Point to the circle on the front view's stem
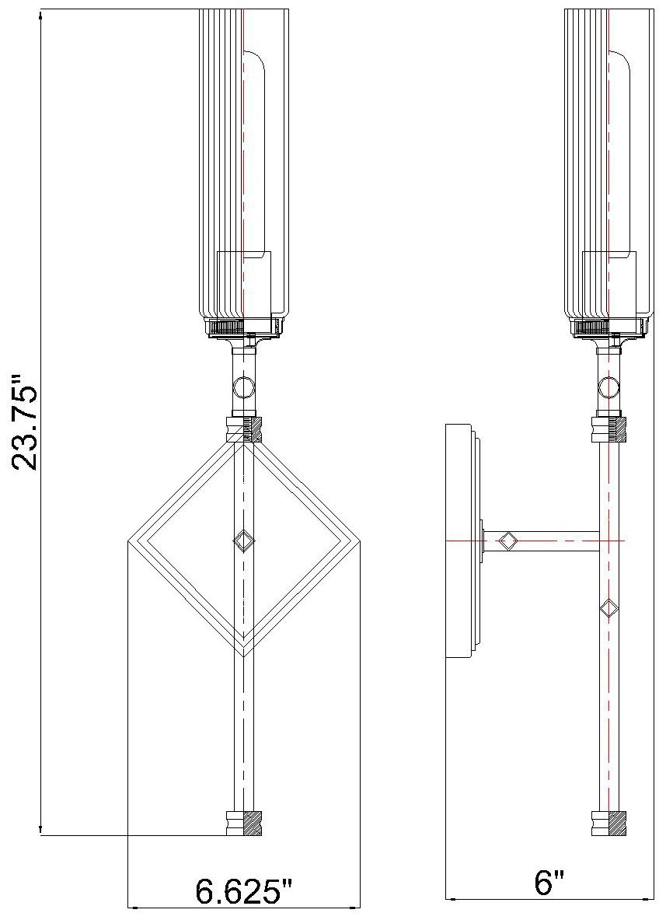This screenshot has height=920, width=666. [244, 386]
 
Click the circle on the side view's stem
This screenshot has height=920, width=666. [609, 386]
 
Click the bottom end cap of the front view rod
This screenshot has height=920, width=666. [244, 823]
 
